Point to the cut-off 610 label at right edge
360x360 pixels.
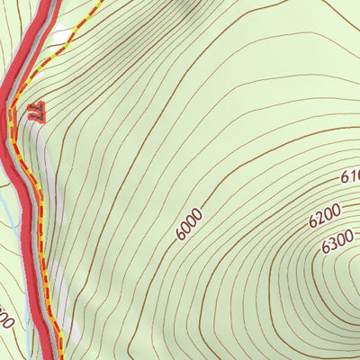coord(348,178)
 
